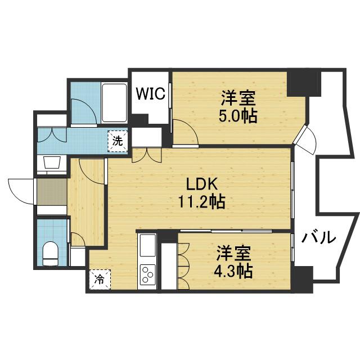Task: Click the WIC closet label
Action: pyautogui.click(x=150, y=93)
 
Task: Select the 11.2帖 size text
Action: pyautogui.click(x=202, y=201)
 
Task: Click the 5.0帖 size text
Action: pyautogui.click(x=239, y=116)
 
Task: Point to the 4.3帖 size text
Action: pyautogui.click(x=232, y=271)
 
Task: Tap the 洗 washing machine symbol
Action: pyautogui.click(x=117, y=141)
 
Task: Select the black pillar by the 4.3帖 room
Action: pyautogui.click(x=303, y=278)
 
